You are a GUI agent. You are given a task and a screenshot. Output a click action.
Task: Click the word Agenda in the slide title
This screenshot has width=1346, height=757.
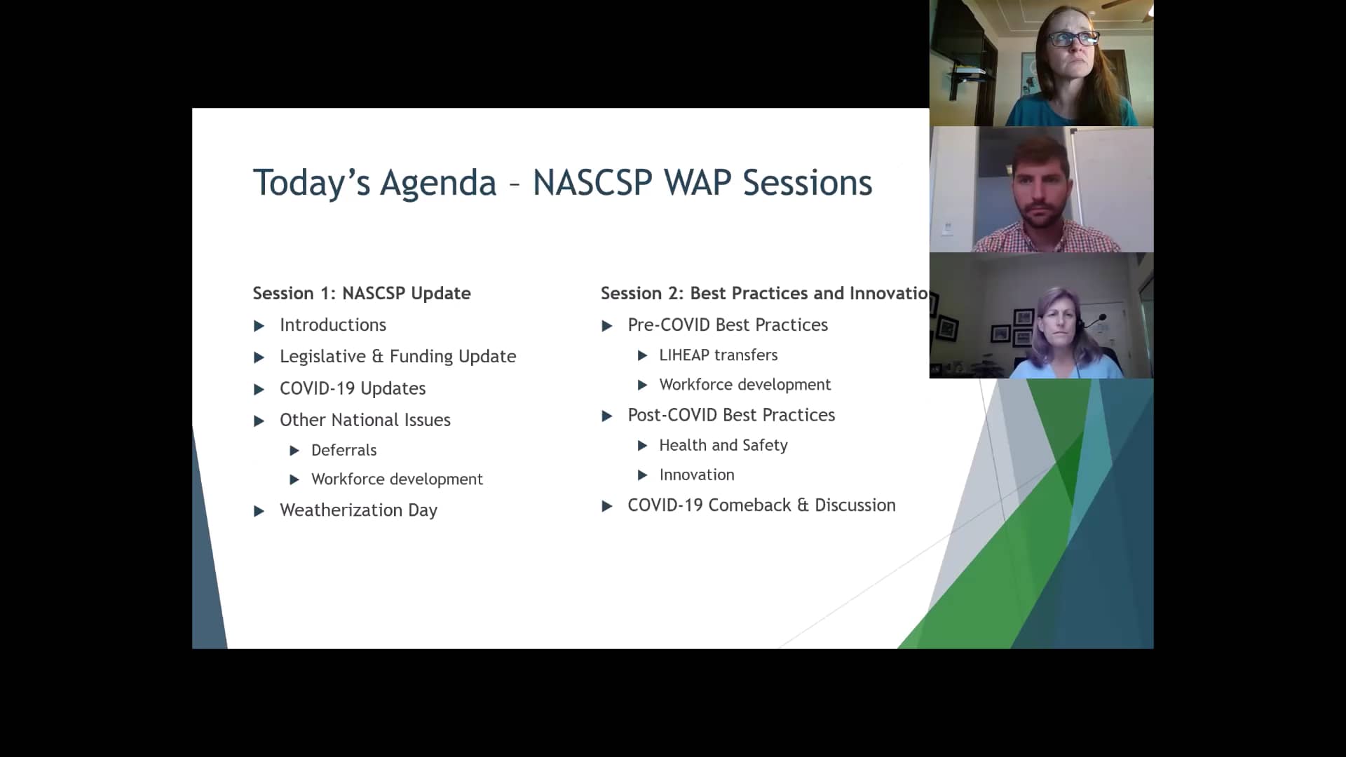437,184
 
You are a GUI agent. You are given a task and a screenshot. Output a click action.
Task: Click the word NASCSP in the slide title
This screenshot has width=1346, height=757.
592,183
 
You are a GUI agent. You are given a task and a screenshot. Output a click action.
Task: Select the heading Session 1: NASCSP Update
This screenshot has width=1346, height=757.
361,293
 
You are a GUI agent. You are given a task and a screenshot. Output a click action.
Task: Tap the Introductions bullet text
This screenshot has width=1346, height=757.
332,325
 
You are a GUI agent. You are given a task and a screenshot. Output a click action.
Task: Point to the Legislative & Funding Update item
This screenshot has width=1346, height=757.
397,357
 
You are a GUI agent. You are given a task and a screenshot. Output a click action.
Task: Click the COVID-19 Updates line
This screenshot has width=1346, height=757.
352,388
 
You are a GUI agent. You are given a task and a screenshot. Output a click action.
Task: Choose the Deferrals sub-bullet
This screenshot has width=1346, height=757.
344,450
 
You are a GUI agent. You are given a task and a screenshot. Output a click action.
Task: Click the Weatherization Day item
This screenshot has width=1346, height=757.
358,510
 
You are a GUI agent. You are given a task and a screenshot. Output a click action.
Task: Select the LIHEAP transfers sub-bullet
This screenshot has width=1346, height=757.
718,355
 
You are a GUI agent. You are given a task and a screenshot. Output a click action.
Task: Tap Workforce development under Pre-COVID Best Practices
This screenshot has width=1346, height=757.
745,385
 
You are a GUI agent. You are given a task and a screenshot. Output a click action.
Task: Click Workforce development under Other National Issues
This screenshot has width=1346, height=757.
397,479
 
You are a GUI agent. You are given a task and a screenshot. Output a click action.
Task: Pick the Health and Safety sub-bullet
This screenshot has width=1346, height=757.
723,446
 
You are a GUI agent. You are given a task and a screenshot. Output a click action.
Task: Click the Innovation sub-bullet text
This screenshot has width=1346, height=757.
696,475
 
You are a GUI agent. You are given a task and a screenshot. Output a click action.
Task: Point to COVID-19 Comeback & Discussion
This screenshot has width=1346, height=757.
761,505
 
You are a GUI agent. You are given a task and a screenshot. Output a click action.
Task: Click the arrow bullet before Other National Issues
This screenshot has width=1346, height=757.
259,421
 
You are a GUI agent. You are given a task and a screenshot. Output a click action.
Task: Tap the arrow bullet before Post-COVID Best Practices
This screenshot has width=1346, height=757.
607,416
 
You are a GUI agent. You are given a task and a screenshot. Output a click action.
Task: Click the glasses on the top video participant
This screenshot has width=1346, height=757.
1073,39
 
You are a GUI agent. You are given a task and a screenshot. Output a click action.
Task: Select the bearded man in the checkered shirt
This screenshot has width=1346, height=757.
1042,193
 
